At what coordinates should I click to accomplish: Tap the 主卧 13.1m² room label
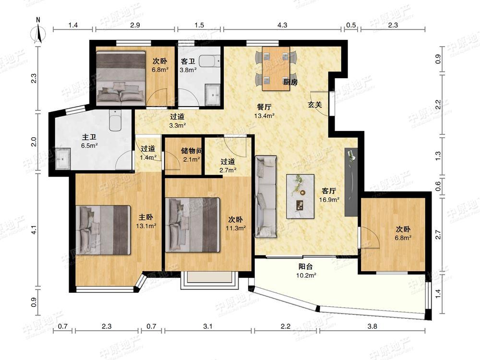(x=146, y=221)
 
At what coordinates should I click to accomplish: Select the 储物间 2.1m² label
(x=192, y=155)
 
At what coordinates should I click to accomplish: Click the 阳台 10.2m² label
(x=306, y=271)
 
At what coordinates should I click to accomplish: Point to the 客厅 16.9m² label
(x=329, y=195)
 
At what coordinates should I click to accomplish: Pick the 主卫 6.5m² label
(x=89, y=142)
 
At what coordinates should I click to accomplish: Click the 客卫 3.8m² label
(x=188, y=65)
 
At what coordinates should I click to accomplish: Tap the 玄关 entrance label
(x=315, y=105)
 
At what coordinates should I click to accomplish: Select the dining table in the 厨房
(x=276, y=69)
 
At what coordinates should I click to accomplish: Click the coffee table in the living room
(x=300, y=196)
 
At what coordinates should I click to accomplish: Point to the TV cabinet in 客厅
(x=351, y=182)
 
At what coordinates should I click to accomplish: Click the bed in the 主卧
(x=103, y=230)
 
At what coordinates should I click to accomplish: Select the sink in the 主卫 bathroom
(x=63, y=158)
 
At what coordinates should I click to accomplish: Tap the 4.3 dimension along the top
(x=282, y=25)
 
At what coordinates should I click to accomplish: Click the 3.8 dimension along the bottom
(x=372, y=326)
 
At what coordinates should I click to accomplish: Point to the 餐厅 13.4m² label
(x=264, y=111)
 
